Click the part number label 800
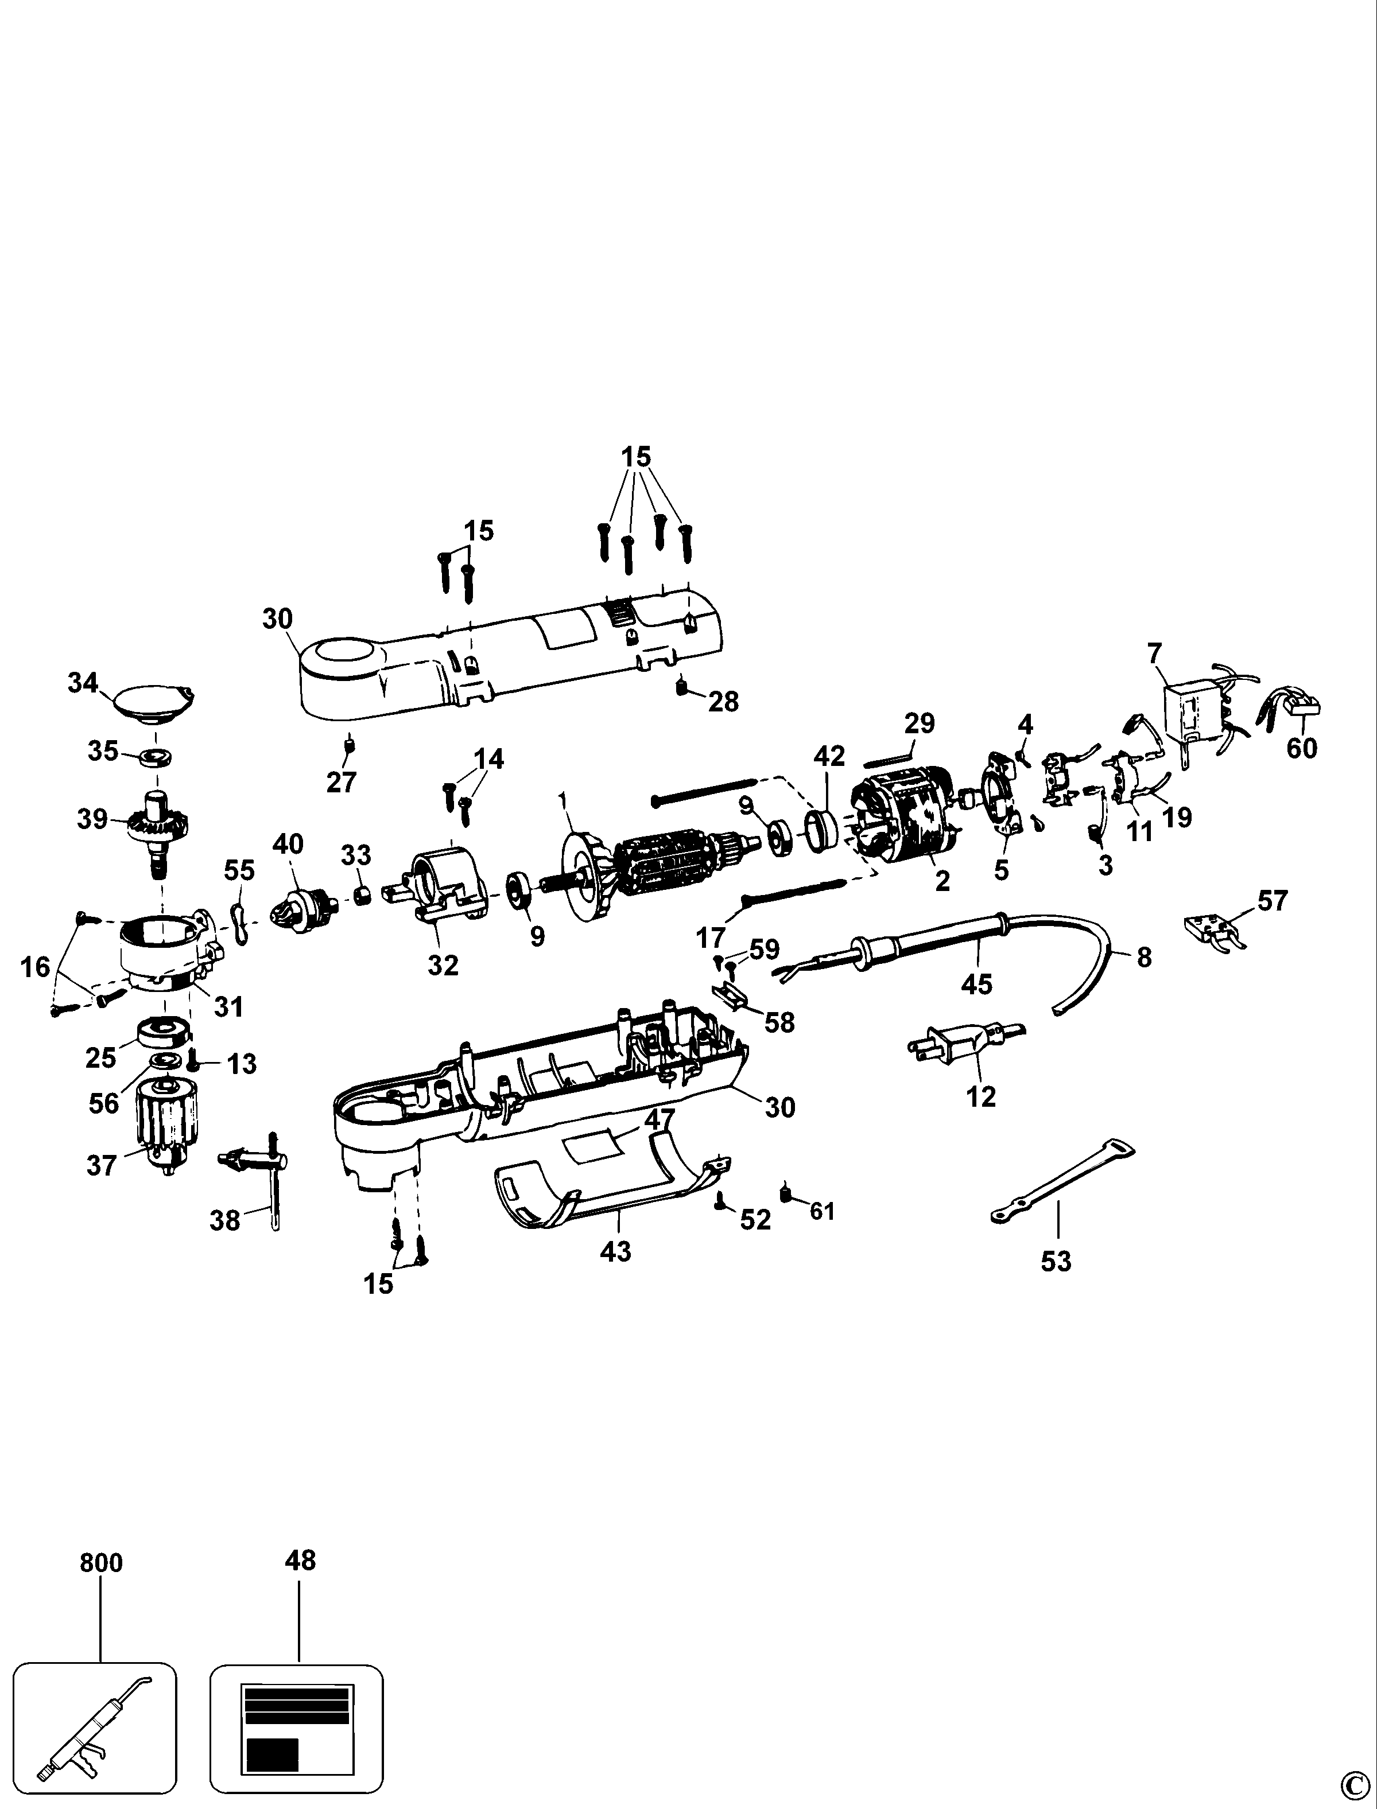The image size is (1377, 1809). click(101, 1562)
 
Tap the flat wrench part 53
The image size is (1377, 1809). click(1062, 1181)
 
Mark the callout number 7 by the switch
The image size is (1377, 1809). click(1154, 654)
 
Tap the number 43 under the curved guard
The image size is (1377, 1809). click(615, 1251)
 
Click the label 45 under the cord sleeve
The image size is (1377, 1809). click(976, 983)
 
